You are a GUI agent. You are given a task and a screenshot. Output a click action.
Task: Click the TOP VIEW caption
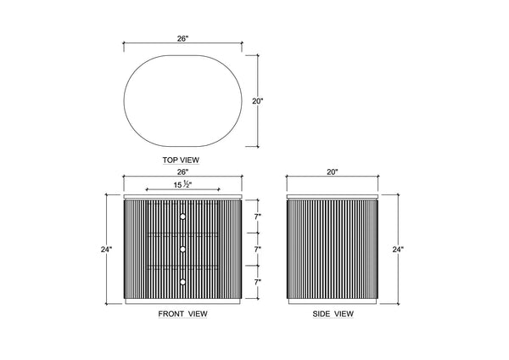pyautogui.click(x=181, y=160)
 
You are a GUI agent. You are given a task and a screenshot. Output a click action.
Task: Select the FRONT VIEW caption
pyautogui.click(x=182, y=314)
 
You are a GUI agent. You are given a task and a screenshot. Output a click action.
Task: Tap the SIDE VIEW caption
pyautogui.click(x=333, y=314)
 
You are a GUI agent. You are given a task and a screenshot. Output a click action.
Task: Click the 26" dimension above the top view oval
pyautogui.click(x=182, y=39)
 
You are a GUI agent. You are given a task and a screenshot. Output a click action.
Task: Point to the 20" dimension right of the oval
pyautogui.click(x=257, y=101)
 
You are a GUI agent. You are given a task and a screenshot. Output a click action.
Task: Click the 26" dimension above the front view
pyautogui.click(x=182, y=172)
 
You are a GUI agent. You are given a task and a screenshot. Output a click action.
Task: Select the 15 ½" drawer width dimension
pyautogui.click(x=182, y=185)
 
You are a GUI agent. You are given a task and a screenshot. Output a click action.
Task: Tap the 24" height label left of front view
pyautogui.click(x=106, y=250)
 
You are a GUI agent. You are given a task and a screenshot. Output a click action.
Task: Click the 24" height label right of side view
pyautogui.click(x=398, y=250)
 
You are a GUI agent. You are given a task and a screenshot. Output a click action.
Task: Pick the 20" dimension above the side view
pyautogui.click(x=333, y=172)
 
